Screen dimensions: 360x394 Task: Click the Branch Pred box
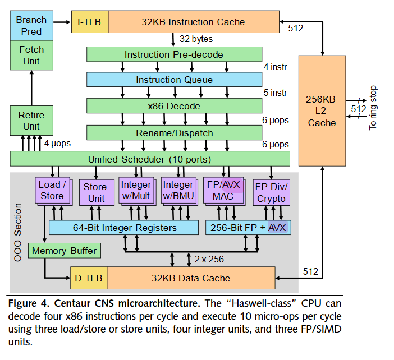(31, 25)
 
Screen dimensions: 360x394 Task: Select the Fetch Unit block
(31, 55)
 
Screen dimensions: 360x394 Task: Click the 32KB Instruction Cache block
(193, 22)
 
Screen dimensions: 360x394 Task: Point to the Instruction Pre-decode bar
(173, 54)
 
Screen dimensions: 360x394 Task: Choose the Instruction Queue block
(174, 80)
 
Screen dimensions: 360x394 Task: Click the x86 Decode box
(173, 106)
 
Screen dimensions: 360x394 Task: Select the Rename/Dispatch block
(173, 133)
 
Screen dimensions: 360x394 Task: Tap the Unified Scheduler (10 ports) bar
(149, 159)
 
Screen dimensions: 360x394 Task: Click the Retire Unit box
(31, 121)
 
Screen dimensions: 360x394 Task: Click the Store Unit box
(95, 192)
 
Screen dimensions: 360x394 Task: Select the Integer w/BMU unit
(178, 191)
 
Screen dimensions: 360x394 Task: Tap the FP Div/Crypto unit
(271, 192)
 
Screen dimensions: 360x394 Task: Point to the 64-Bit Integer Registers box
(124, 228)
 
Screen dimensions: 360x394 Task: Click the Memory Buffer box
(64, 251)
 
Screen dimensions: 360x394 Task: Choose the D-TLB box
(88, 278)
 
